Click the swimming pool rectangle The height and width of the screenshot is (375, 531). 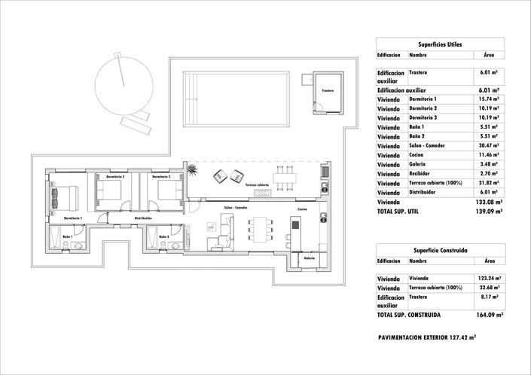(237, 90)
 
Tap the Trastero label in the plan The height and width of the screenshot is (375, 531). (327, 90)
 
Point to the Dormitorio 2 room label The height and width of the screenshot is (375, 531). (115, 175)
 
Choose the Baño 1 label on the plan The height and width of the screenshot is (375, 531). (68, 237)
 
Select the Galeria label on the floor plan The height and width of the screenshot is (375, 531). (309, 258)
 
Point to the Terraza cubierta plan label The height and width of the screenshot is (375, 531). (256, 184)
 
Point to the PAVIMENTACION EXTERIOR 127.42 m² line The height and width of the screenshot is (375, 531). (426, 338)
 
